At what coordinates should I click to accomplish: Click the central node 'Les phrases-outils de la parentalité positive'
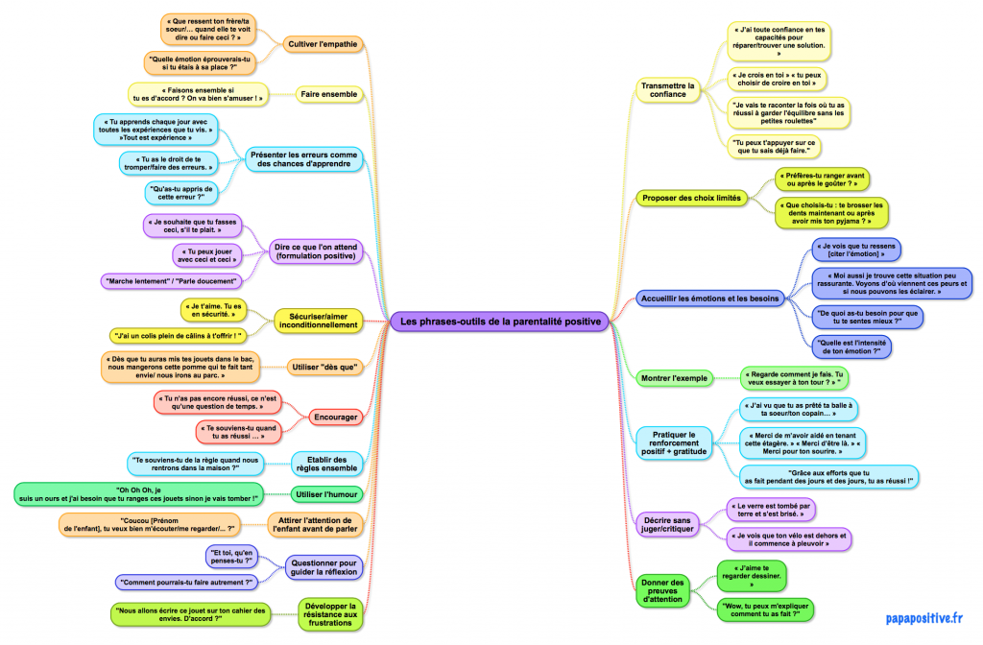tap(500, 322)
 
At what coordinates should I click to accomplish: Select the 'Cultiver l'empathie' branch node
tap(323, 43)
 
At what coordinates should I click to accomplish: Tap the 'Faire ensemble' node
tap(328, 94)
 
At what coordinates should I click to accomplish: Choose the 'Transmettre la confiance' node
tap(667, 89)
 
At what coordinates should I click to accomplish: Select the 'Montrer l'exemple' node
tap(676, 378)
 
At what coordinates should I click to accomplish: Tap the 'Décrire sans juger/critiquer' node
tap(666, 523)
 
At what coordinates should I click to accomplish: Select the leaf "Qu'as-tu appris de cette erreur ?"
tap(182, 192)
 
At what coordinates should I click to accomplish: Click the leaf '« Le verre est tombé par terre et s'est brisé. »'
tap(772, 510)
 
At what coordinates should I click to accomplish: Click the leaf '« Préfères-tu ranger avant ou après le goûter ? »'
tap(823, 179)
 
